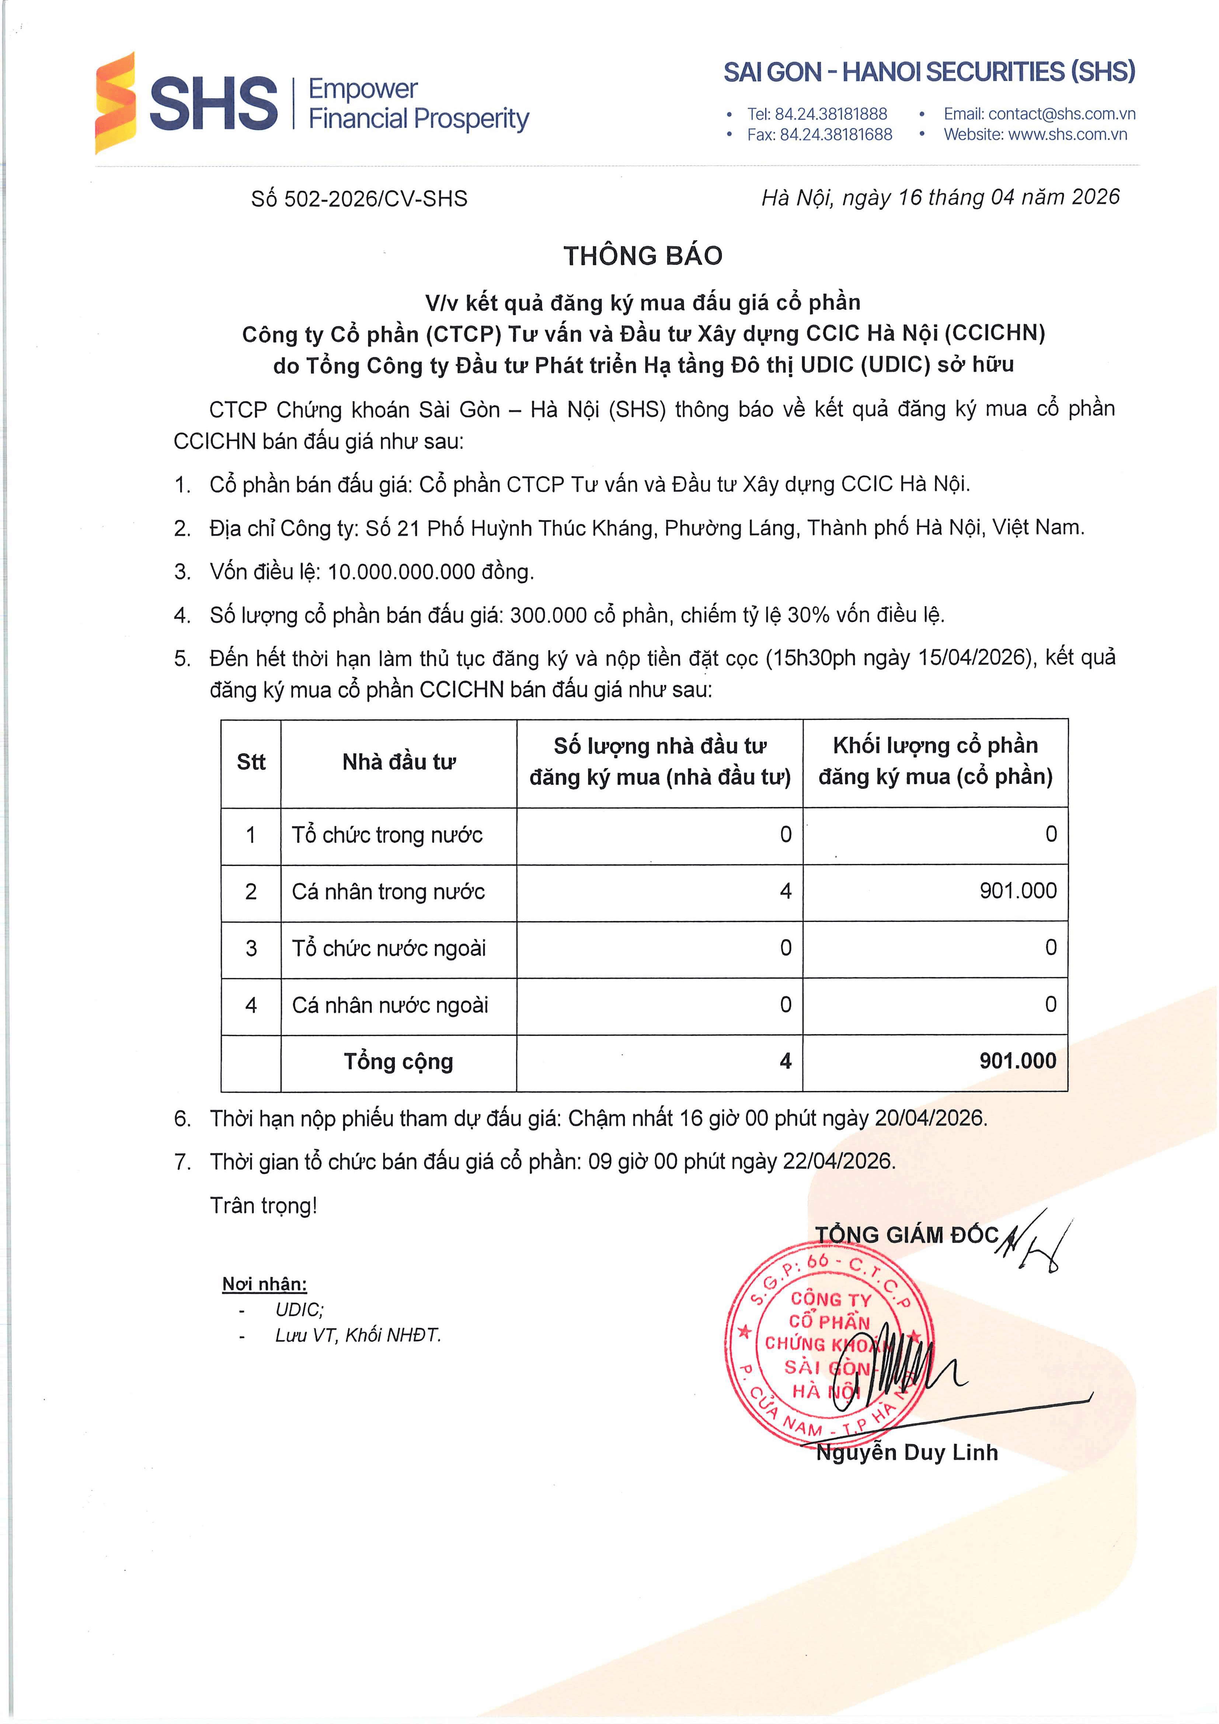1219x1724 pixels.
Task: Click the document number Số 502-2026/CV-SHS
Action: (359, 199)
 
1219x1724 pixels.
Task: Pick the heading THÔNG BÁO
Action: (643, 256)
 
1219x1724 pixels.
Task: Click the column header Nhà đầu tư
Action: (399, 762)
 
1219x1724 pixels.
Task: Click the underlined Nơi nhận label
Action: (264, 1284)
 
